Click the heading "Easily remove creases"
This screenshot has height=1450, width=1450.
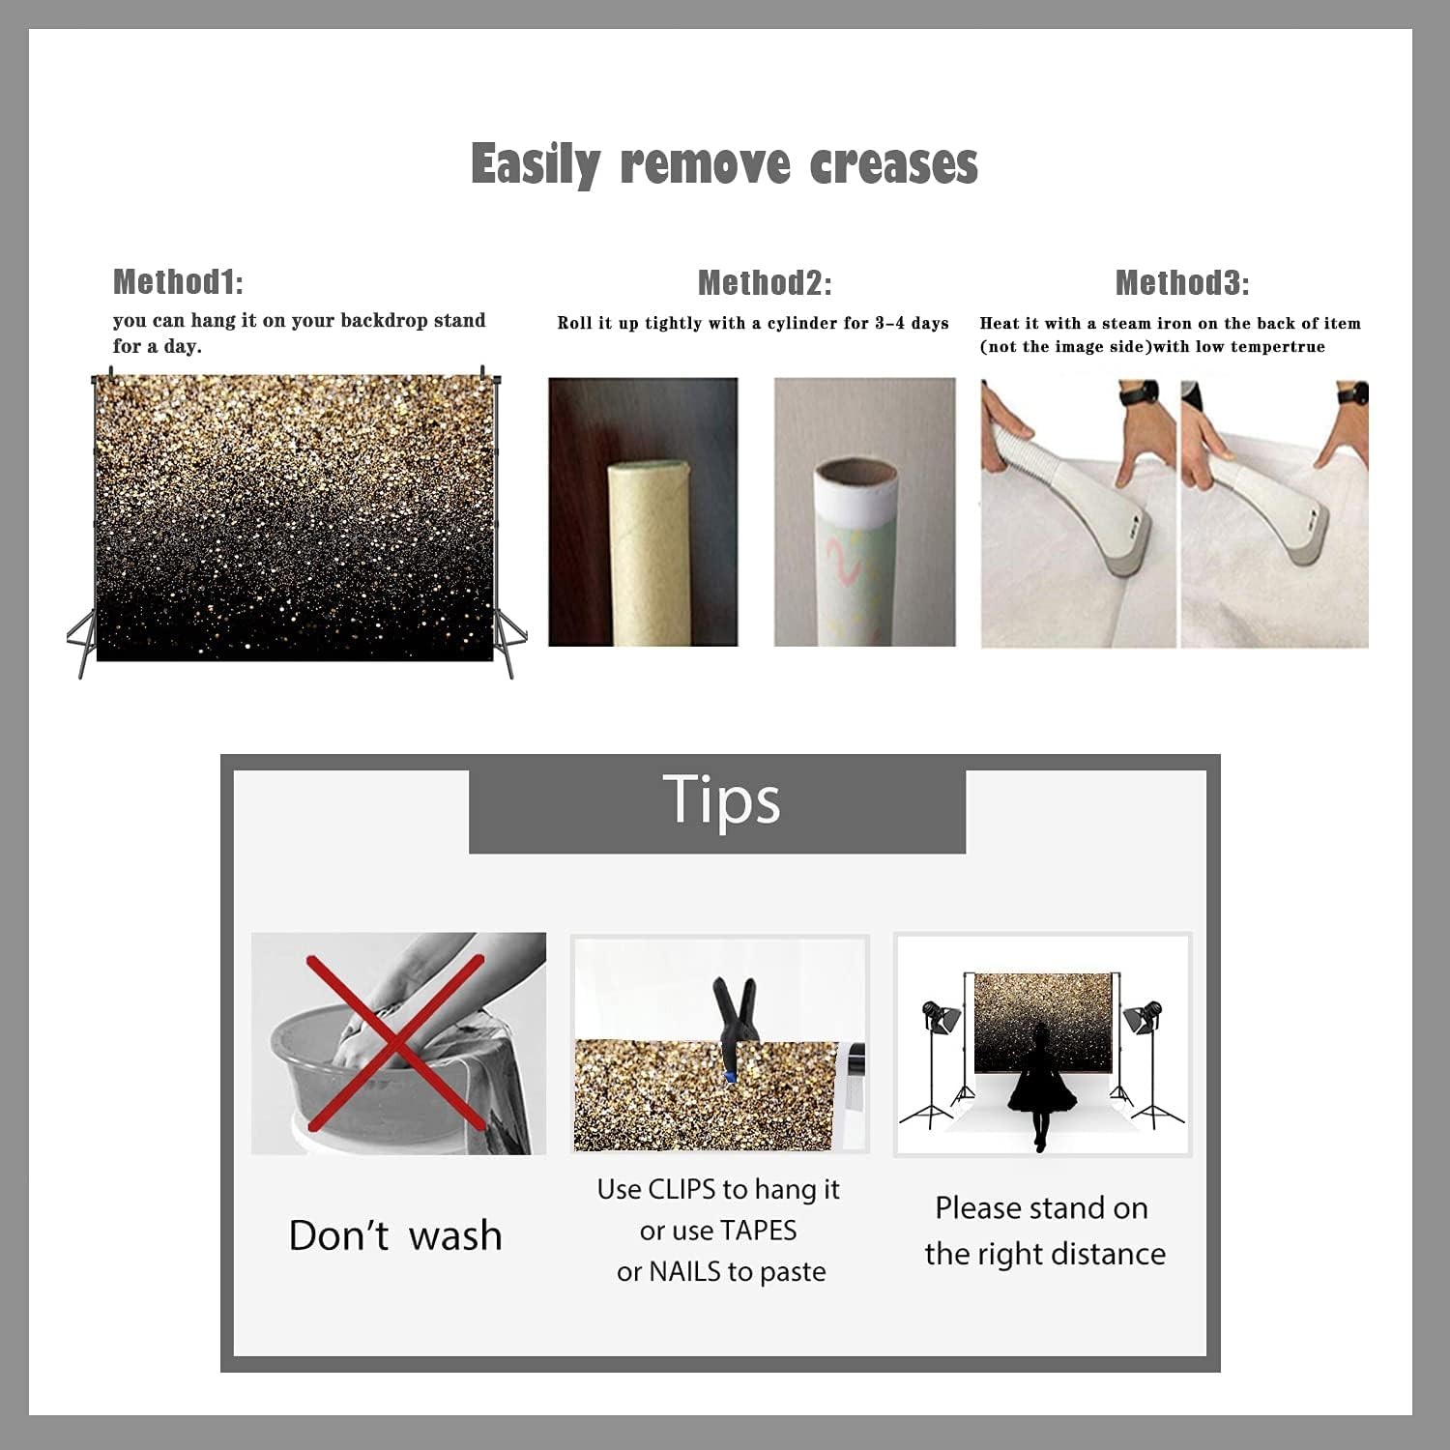point(724,164)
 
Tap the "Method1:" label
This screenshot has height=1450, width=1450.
point(178,281)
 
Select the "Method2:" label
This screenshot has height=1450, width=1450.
point(765,282)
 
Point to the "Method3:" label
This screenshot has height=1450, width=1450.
point(1182,282)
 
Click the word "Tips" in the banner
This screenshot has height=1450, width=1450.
point(721,800)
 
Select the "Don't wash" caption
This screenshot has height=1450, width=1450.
point(395,1235)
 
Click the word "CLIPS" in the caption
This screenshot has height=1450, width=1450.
point(681,1189)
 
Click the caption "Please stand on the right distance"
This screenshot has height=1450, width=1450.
point(1044,1231)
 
